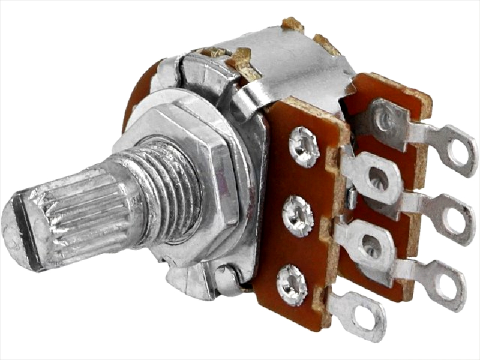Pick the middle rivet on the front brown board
click(x=298, y=216)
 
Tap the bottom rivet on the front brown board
click(x=292, y=285)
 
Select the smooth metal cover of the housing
click(x=288, y=66)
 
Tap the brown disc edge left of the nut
click(x=133, y=102)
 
